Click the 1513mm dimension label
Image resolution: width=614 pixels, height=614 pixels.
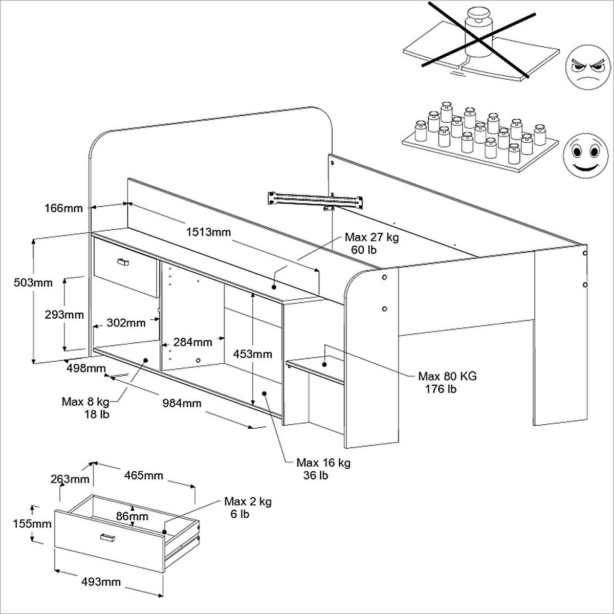[x=208, y=232]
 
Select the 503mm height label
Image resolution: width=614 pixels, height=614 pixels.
[x=33, y=282]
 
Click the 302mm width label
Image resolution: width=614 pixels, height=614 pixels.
[x=126, y=323]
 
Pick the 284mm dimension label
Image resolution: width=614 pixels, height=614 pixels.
[x=192, y=341]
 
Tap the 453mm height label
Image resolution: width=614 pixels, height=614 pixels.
[x=253, y=354]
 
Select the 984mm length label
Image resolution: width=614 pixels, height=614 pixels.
[x=182, y=403]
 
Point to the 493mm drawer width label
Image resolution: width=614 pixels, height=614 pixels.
[x=101, y=582]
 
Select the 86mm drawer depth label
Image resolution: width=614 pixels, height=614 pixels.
[x=131, y=516]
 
